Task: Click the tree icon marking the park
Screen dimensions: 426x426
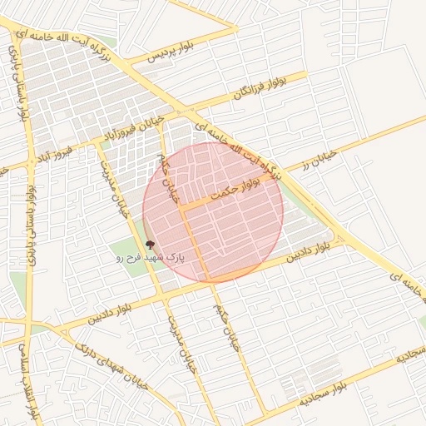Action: [150, 245]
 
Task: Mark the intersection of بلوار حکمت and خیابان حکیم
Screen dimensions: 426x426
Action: [181, 205]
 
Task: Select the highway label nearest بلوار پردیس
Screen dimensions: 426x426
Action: [92, 46]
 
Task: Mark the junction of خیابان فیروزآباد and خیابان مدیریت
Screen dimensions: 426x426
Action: [100, 142]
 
